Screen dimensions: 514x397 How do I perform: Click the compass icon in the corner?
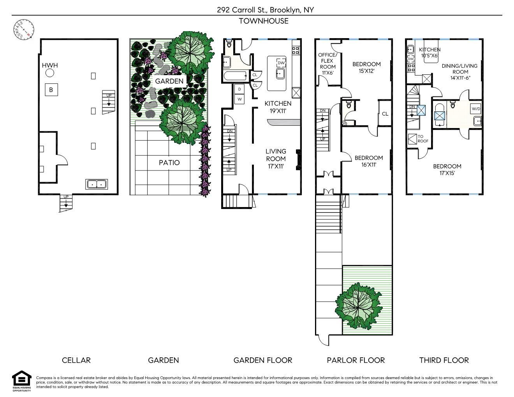[x=24, y=30]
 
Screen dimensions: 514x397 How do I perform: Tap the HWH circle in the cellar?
[x=50, y=73]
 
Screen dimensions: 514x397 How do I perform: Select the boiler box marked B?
[x=51, y=90]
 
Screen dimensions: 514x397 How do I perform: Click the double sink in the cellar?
[x=96, y=184]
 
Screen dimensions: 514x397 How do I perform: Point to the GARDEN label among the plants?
[x=169, y=81]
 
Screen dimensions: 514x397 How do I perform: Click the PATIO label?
[x=169, y=162]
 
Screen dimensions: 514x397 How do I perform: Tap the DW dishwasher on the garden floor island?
[x=281, y=63]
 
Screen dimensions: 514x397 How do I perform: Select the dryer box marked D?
[x=239, y=89]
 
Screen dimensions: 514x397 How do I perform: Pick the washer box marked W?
[x=239, y=99]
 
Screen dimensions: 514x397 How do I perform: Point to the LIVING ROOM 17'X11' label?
[x=276, y=159]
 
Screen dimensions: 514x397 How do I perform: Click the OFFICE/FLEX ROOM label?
[x=327, y=64]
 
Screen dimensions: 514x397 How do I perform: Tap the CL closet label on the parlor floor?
[x=385, y=114]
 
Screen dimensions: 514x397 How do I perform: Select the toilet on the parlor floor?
[x=349, y=104]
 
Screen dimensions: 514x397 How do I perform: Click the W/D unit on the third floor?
[x=476, y=109]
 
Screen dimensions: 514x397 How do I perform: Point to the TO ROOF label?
[x=423, y=139]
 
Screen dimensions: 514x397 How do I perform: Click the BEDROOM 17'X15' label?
[x=447, y=170]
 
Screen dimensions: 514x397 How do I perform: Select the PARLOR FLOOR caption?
[x=356, y=360]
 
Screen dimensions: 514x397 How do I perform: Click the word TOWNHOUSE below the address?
[x=264, y=21]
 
